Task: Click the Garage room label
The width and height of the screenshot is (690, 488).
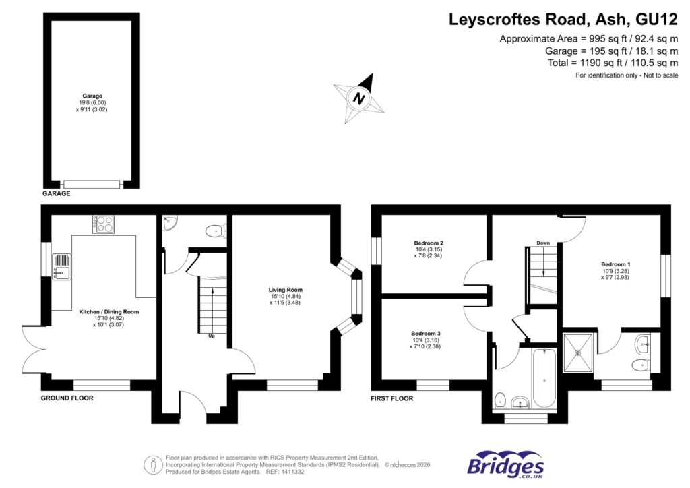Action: [92, 96]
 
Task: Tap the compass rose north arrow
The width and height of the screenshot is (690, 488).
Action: [361, 97]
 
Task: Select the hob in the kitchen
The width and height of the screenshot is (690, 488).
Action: [104, 224]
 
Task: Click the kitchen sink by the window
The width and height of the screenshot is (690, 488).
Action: [62, 266]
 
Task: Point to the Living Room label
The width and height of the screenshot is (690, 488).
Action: [282, 290]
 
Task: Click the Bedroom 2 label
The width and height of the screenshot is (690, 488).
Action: [429, 243]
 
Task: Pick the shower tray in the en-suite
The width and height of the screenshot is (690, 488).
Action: [579, 352]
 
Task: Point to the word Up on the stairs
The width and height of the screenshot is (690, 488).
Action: [211, 336]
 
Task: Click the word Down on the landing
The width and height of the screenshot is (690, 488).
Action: [543, 242]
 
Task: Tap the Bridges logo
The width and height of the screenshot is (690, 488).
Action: [505, 465]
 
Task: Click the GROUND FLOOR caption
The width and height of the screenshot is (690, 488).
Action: [67, 398]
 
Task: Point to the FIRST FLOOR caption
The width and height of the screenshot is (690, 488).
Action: [391, 398]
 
